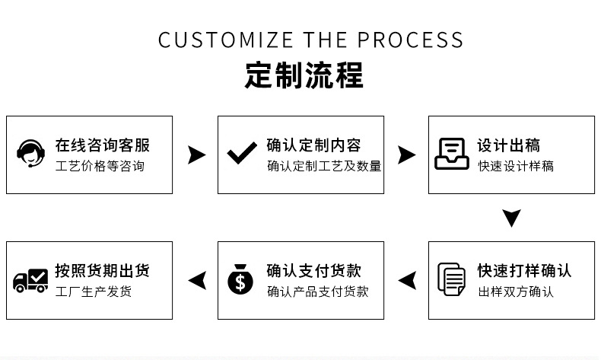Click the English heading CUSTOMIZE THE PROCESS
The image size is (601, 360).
[x=310, y=40]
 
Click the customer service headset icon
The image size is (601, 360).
[x=30, y=154]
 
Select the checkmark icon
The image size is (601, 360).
[x=242, y=154]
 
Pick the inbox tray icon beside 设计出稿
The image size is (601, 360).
[x=452, y=154]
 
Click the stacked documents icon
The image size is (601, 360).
[x=452, y=279]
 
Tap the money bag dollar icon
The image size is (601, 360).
[x=240, y=279]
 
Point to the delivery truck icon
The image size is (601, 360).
[x=30, y=280]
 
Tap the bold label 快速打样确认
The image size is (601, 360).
[x=524, y=271]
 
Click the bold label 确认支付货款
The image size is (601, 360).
[x=314, y=271]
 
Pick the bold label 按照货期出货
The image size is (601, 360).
[x=103, y=271]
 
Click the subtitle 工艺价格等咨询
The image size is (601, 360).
[x=100, y=166]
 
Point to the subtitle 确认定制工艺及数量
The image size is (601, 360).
[x=324, y=166]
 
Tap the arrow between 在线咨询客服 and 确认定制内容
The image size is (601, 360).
[x=196, y=155]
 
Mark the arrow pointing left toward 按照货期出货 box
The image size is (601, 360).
[x=197, y=280]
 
